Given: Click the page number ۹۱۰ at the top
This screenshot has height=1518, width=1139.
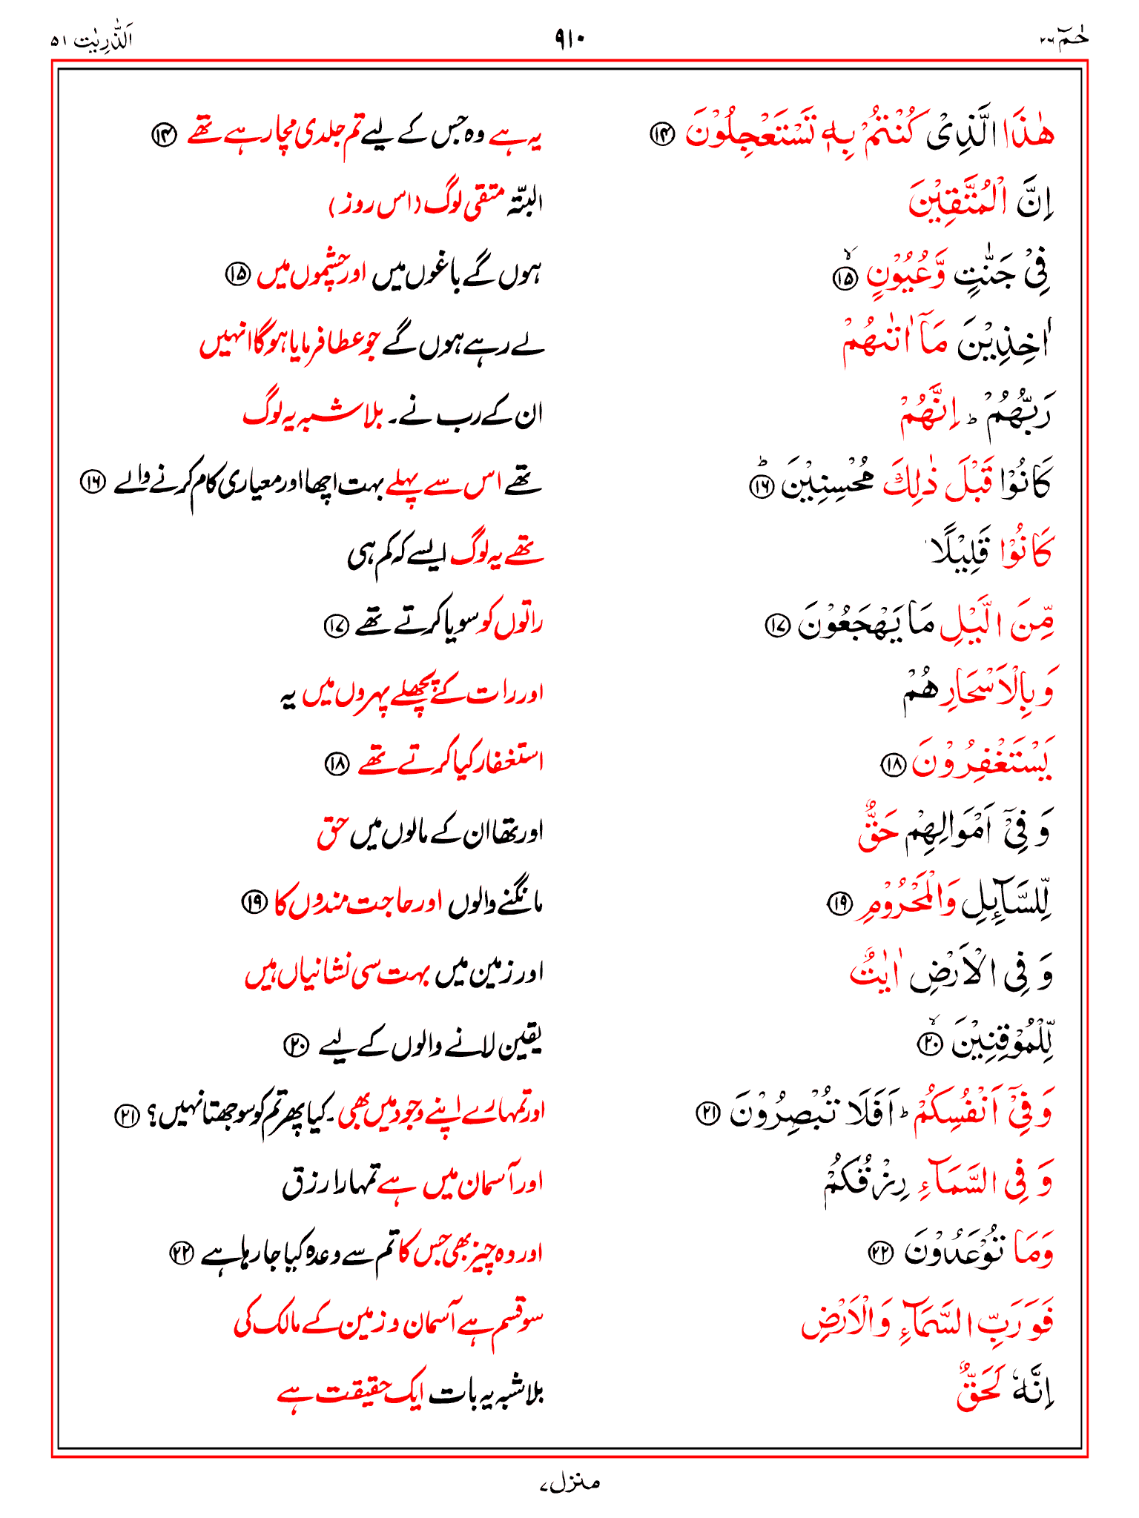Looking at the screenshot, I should [x=569, y=39].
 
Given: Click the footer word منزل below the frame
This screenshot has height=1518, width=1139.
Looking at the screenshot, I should [x=569, y=1482].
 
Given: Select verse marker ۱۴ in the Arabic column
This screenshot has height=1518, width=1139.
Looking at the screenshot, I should [x=661, y=133].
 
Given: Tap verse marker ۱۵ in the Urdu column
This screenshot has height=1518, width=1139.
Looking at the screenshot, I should [x=238, y=274].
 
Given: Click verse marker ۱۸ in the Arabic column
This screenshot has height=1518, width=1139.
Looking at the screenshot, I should [x=892, y=763].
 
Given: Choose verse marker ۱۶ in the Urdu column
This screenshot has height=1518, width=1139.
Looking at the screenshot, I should [x=93, y=483].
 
